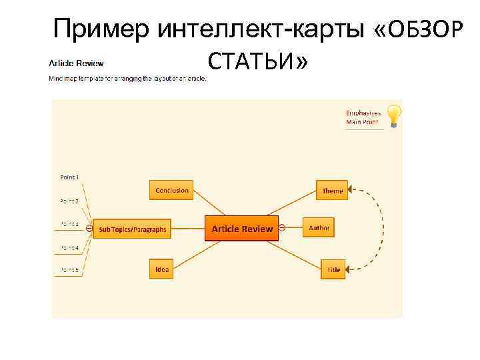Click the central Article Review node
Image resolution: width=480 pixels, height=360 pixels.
pyautogui.click(x=242, y=229)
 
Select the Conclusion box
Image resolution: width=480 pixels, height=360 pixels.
pyautogui.click(x=172, y=190)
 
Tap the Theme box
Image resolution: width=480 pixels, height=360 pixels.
pyautogui.click(x=332, y=191)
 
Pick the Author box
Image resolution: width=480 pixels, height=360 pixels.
pyautogui.click(x=319, y=228)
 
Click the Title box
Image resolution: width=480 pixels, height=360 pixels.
pyautogui.click(x=333, y=269)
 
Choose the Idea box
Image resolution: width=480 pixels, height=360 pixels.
pyautogui.click(x=162, y=269)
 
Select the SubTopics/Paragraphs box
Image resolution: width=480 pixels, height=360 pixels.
pyautogui.click(x=133, y=229)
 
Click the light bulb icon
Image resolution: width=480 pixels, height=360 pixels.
pyautogui.click(x=395, y=116)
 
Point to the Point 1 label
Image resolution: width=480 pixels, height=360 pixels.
pyautogui.click(x=69, y=177)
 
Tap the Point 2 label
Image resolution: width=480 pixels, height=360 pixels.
pyautogui.click(x=69, y=201)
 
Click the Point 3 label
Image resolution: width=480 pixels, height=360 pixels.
pyautogui.click(x=69, y=224)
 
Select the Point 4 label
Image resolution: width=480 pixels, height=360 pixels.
pyautogui.click(x=69, y=247)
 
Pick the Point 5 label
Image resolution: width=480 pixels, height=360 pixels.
pyautogui.click(x=69, y=270)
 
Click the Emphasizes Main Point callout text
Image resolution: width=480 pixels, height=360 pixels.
pyautogui.click(x=363, y=117)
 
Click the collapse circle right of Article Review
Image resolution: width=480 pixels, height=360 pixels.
pyautogui.click(x=282, y=229)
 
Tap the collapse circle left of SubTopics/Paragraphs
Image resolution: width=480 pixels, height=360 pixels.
pyautogui.click(x=89, y=229)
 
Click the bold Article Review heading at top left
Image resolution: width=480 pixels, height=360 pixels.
pyautogui.click(x=76, y=63)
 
